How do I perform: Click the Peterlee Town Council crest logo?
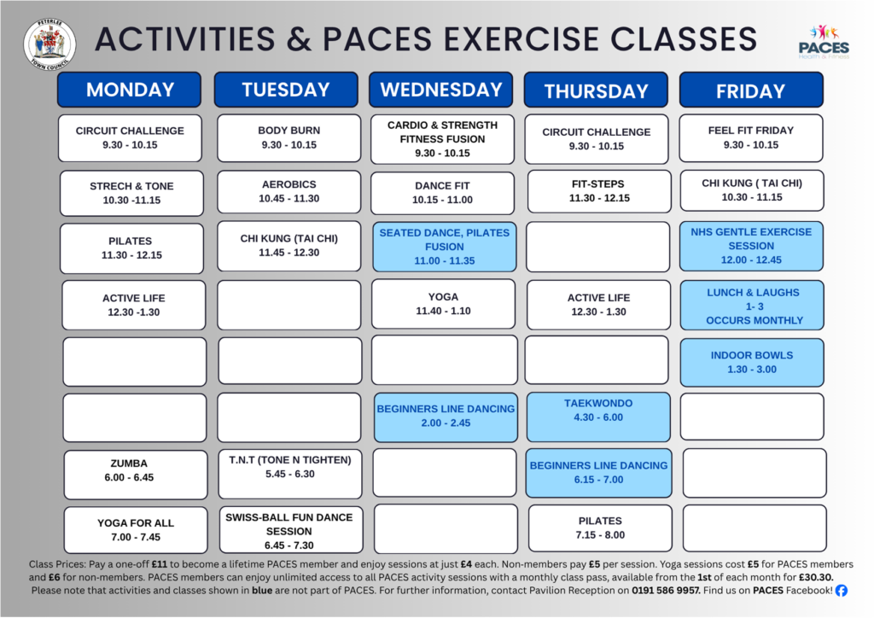(x=50, y=45)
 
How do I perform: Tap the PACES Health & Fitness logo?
(x=824, y=42)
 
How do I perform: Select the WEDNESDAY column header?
(x=441, y=90)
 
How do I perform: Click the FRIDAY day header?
(x=751, y=90)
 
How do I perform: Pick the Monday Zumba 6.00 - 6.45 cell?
(x=136, y=475)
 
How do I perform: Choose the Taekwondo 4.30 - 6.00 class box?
(x=598, y=417)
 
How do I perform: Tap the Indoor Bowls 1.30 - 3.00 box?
(x=752, y=362)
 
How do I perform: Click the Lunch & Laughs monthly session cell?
(x=752, y=306)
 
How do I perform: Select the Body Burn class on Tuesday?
(x=288, y=138)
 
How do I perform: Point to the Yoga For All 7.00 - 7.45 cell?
(x=136, y=530)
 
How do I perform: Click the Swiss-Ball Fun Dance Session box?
(x=290, y=529)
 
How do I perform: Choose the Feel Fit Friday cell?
(x=751, y=138)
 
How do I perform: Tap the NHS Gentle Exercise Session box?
(x=751, y=247)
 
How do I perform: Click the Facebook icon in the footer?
(x=841, y=591)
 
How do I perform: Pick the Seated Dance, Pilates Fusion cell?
(x=444, y=247)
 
